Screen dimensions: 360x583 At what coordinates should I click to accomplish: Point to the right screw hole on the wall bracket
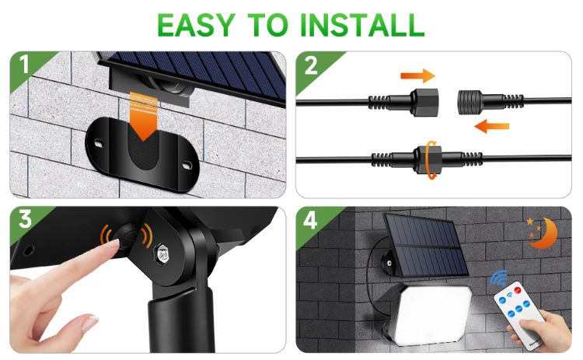[188, 164]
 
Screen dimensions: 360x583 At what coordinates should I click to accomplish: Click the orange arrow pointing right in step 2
[417, 75]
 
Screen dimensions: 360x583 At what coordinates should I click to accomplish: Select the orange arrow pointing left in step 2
[492, 124]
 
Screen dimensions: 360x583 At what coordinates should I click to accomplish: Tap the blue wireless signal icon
[497, 277]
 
